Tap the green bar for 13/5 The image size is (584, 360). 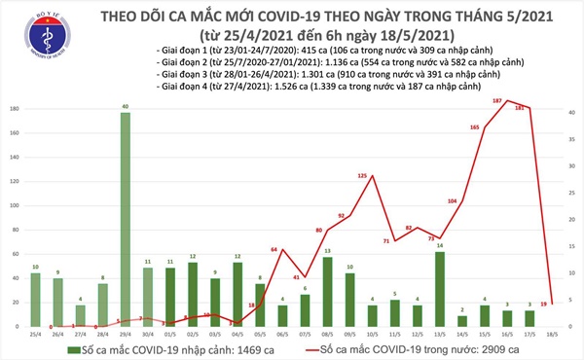coord(440,288)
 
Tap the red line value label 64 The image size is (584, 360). coord(275,251)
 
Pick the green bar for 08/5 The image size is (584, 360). coord(327,291)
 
